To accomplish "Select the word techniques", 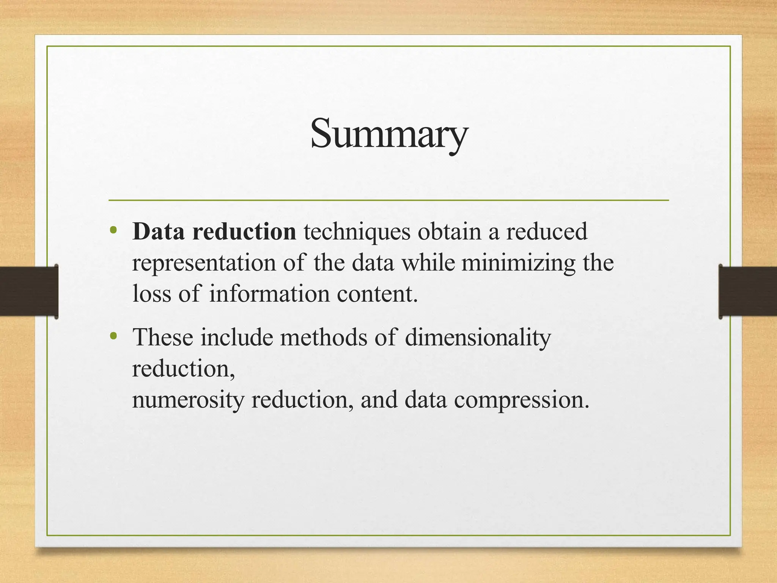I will point(357,232).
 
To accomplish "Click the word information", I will point(269,293).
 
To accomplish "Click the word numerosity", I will point(188,400).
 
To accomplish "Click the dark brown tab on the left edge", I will point(28,291).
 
